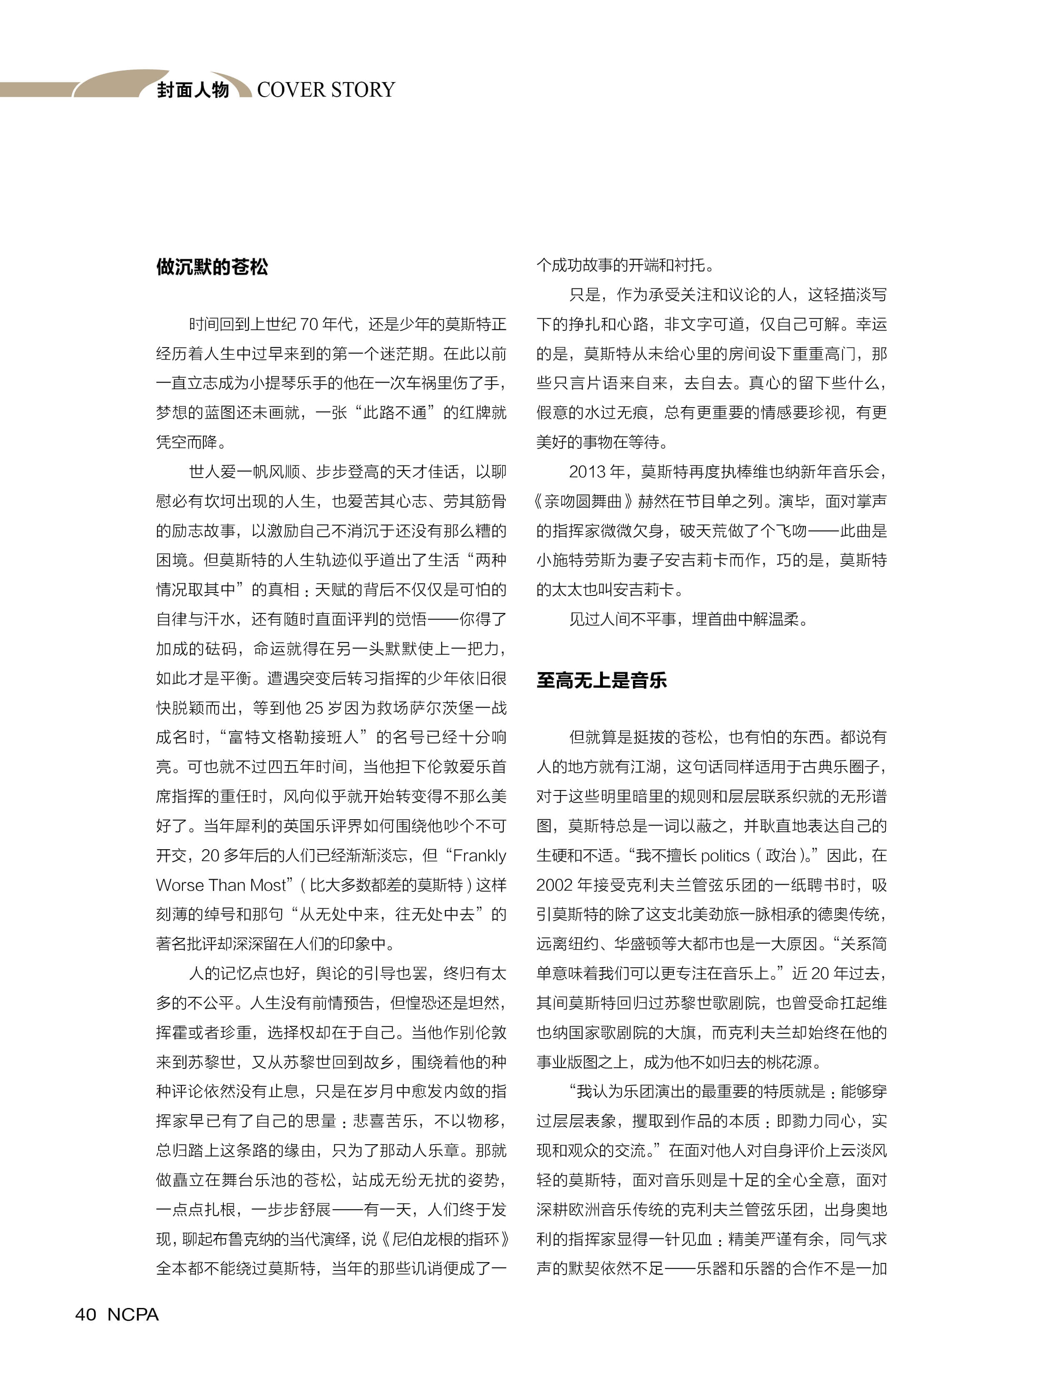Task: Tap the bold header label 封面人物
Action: point(193,90)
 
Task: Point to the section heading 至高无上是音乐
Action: point(601,680)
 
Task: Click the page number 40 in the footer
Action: point(86,1314)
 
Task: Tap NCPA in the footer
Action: point(133,1314)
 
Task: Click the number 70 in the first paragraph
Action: point(309,324)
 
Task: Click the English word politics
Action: point(724,856)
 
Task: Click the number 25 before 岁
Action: point(314,708)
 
